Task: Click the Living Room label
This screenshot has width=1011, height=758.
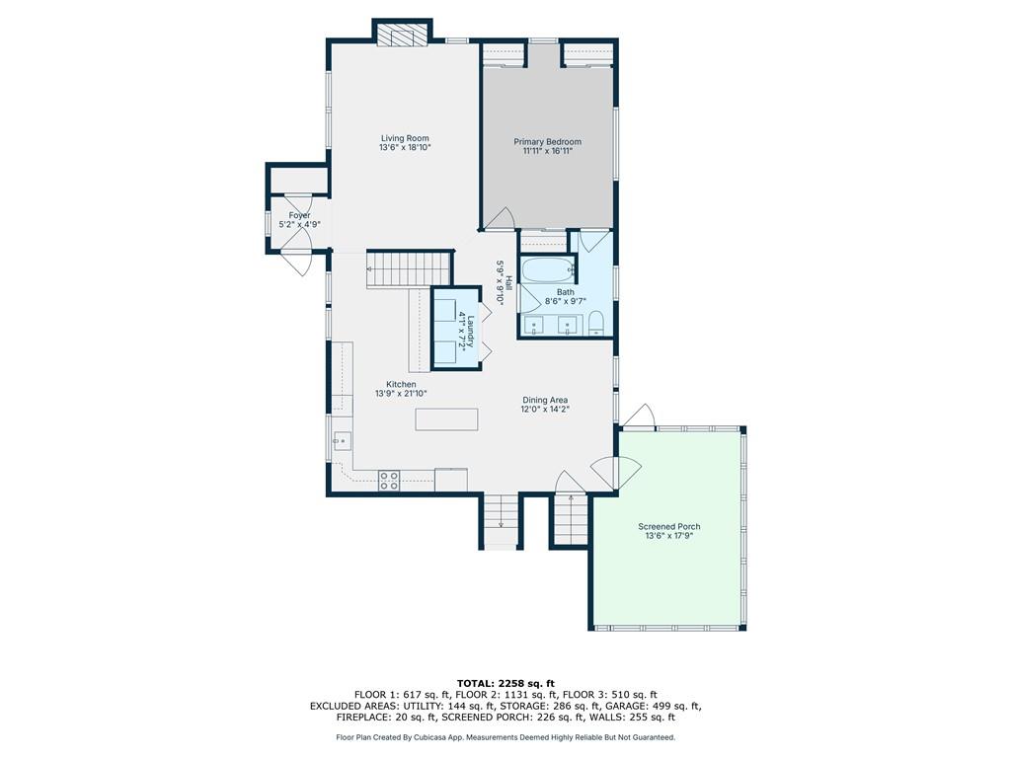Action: [x=405, y=138]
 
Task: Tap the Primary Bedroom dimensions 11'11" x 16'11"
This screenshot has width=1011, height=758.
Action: [x=547, y=151]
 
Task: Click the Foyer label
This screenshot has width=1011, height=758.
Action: [x=299, y=215]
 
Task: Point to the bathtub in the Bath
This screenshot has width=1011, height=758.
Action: [x=547, y=270]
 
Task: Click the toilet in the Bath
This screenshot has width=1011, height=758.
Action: [x=596, y=323]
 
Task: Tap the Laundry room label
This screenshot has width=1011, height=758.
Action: [x=471, y=331]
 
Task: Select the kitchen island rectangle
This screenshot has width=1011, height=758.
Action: [x=447, y=418]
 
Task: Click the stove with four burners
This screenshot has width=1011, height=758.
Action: [x=389, y=481]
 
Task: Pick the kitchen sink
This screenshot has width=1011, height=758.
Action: [x=342, y=441]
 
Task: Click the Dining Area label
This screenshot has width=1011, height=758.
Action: [x=545, y=400]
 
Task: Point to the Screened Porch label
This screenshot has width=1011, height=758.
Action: [x=668, y=527]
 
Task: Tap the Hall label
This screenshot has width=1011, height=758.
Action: [x=508, y=282]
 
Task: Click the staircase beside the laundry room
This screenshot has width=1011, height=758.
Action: [x=409, y=269]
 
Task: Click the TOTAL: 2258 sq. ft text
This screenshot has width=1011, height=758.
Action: [x=505, y=683]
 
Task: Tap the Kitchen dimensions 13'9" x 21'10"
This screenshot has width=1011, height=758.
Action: [x=401, y=393]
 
